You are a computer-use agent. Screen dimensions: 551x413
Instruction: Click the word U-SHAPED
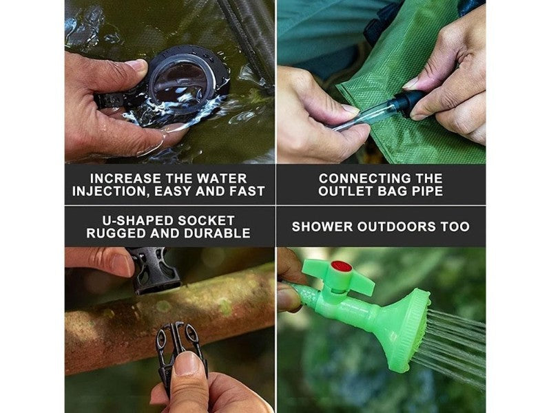pos(137,220)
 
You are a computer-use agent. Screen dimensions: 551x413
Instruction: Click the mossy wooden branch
pos(169,316)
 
